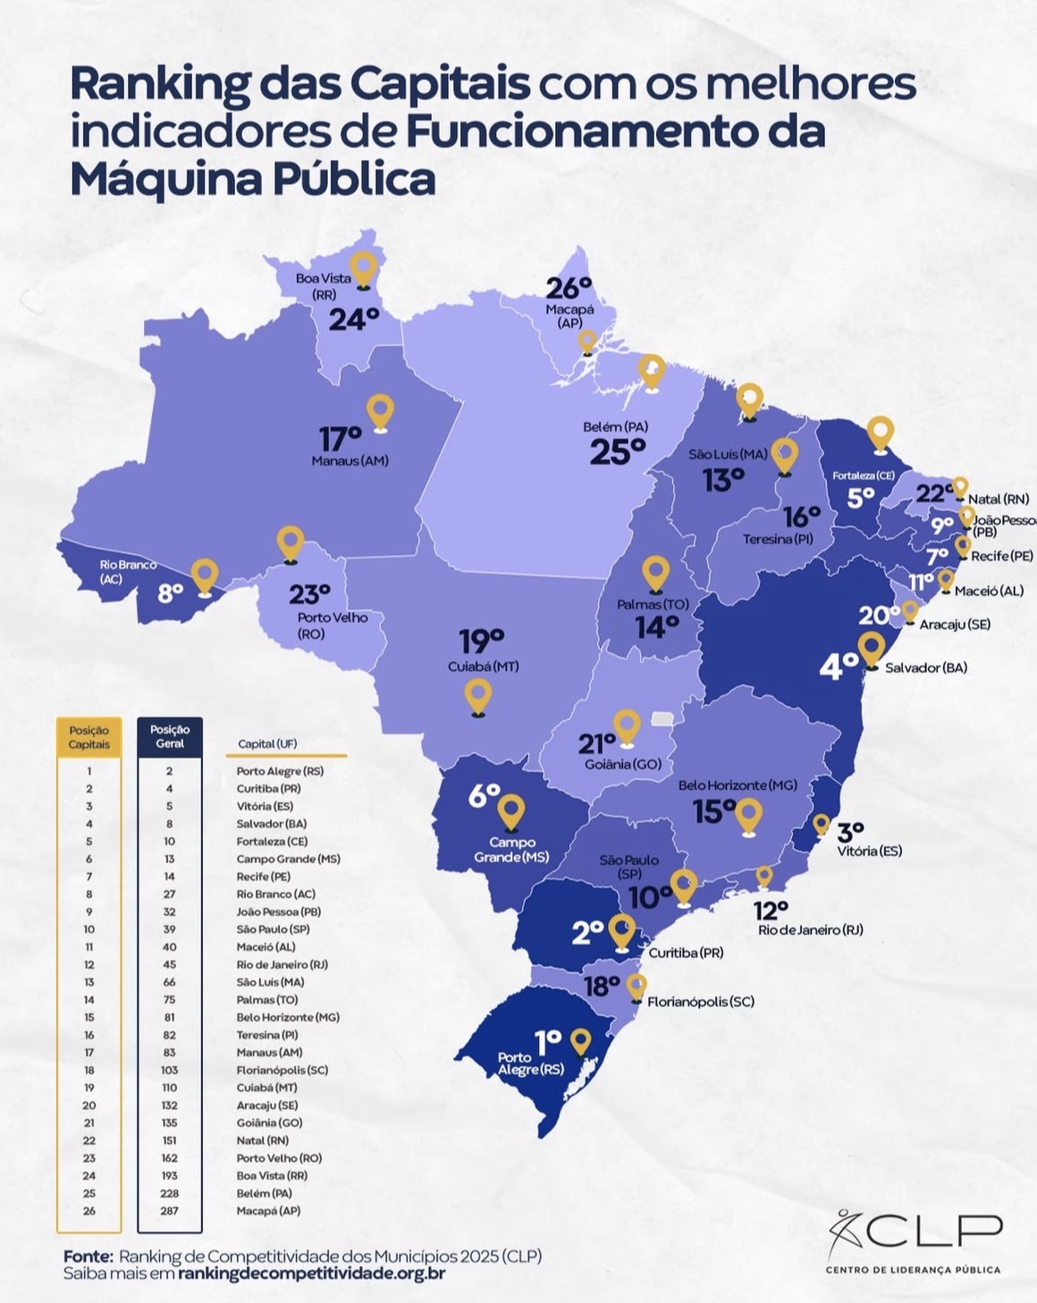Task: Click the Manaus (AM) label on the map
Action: pos(350,461)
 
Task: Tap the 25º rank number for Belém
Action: pos(617,453)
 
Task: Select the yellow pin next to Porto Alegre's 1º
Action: pos(581,1041)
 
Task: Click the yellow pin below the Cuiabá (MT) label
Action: pos(478,695)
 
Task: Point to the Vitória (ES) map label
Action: pos(869,851)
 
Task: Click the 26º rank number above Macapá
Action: pos(569,289)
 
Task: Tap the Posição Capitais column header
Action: pos(89,737)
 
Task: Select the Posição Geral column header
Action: pos(170,736)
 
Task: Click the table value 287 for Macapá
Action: pos(169,1211)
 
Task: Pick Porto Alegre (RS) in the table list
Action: pos(280,771)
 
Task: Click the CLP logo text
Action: pos(933,1231)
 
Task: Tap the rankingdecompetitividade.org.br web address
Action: pos(311,1274)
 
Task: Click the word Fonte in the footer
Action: pos(88,1256)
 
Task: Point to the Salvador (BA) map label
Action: pos(925,668)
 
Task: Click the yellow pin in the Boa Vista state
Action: pos(363,267)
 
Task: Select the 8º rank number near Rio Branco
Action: pos(170,593)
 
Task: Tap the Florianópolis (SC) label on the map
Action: pos(700,1002)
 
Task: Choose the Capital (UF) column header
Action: pos(267,744)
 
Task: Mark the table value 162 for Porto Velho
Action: pos(169,1158)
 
